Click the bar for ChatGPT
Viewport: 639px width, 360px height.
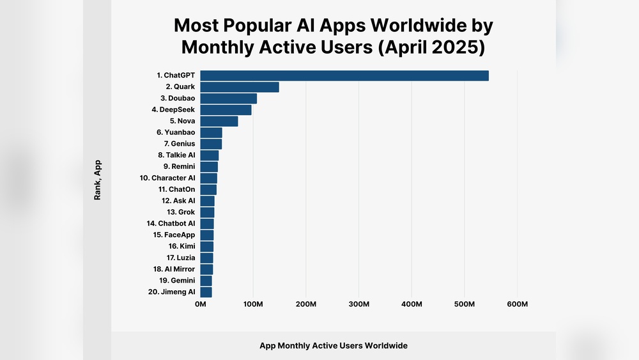[344, 75]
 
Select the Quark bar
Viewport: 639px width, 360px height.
[240, 87]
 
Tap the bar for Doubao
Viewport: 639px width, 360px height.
[229, 98]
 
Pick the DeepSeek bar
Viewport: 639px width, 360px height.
[226, 110]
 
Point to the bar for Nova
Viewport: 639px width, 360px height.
[219, 121]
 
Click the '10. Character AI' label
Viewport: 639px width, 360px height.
[167, 178]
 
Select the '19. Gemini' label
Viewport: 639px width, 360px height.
[173, 280]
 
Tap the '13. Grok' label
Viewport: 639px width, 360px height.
[181, 212]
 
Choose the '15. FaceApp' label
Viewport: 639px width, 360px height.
[174, 235]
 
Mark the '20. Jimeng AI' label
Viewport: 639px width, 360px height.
[171, 292]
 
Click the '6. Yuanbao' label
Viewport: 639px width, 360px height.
[176, 132]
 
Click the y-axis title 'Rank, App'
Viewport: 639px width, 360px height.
[98, 180]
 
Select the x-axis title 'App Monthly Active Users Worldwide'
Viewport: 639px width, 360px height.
[333, 345]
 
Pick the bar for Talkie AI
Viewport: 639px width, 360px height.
[210, 155]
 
